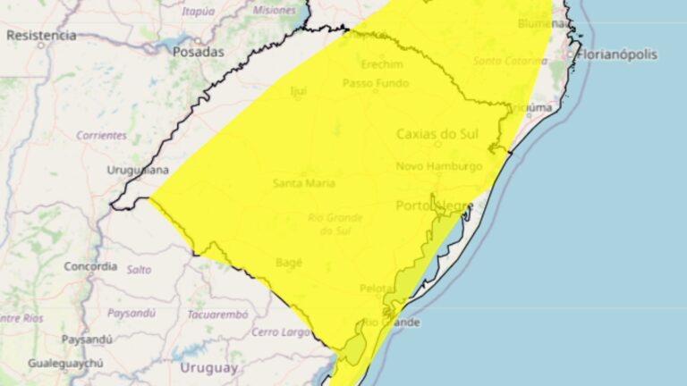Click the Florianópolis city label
pos(616,55)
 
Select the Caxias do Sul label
pos(432,135)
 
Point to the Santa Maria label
pos(304,183)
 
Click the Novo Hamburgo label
pos(439,166)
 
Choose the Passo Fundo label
pos(375,83)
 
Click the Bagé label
pos(289,263)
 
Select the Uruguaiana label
pos(138,170)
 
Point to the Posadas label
pos(199,52)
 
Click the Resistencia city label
pos(41,36)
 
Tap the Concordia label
pos(90,266)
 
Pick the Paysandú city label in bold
pos(87,340)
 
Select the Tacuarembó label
pos(217,315)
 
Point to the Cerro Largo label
pos(280,332)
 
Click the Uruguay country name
pos(209,367)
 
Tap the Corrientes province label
pos(101,135)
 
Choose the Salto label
pos(139,269)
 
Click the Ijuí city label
pos(299,90)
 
